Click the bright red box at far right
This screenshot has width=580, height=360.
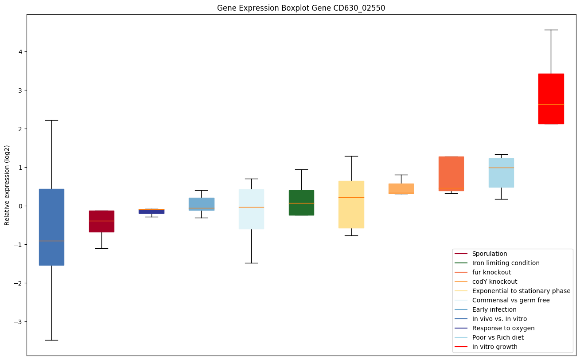(x=551, y=99)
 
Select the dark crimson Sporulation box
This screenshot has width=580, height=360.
(x=101, y=221)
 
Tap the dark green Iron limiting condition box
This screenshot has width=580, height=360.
(x=301, y=203)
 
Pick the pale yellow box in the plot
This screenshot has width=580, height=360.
(x=351, y=204)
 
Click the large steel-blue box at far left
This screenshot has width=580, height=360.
(x=51, y=227)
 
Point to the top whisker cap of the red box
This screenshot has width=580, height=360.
(x=551, y=30)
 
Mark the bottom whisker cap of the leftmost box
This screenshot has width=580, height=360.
(x=51, y=340)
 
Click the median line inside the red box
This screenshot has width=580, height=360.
(x=551, y=104)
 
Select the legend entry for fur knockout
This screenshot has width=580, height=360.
(x=491, y=272)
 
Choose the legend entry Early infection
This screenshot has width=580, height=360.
(x=494, y=309)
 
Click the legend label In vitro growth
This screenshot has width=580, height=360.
(x=494, y=347)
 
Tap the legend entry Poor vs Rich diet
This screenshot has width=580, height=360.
(x=498, y=337)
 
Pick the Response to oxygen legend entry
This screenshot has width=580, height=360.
(x=503, y=328)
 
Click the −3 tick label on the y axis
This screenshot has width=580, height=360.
(x=19, y=322)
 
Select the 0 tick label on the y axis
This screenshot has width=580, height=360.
(x=20, y=206)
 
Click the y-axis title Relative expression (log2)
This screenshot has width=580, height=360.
(x=7, y=185)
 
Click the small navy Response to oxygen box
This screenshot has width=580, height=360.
(x=152, y=211)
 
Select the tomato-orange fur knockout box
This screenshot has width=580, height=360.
(x=451, y=174)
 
